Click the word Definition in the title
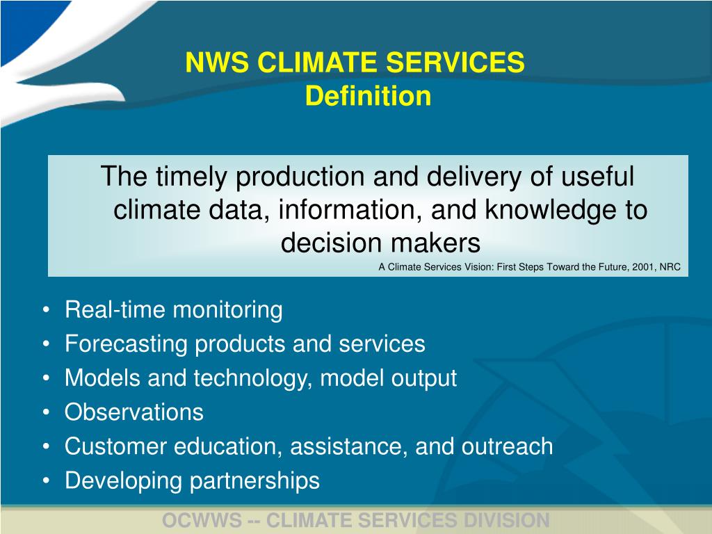[368, 96]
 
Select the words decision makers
[380, 243]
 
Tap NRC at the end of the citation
[670, 266]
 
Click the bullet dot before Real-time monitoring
[45, 310]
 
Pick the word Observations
[133, 412]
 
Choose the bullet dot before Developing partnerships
[45, 481]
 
